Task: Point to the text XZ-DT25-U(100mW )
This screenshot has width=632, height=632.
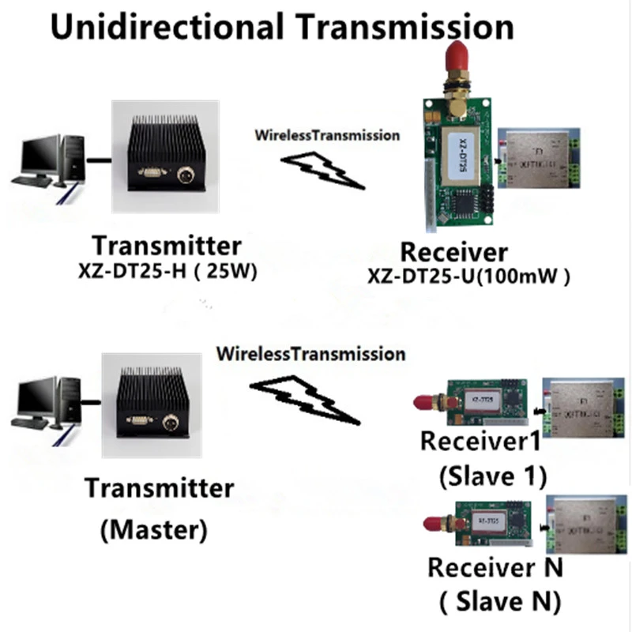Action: click(469, 276)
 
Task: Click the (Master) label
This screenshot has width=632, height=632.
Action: click(155, 529)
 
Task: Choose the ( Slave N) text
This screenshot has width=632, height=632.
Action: click(499, 602)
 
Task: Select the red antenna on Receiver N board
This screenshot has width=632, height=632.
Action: click(434, 525)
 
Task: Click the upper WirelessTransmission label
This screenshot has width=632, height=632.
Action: click(327, 135)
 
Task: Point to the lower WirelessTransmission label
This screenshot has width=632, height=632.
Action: click(310, 353)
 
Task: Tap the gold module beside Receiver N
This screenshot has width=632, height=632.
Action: click(585, 523)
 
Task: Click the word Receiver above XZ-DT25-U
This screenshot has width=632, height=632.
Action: click(453, 253)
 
